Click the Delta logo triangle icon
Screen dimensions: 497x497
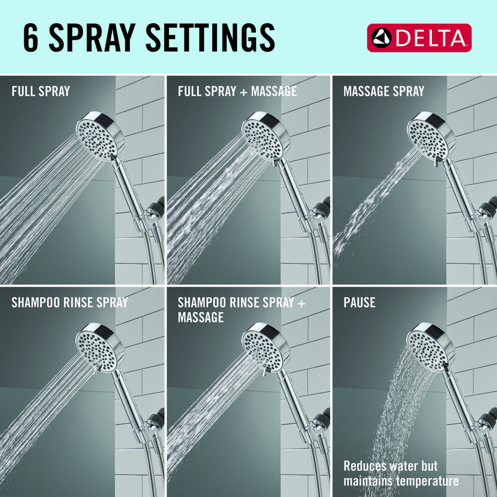(x=382, y=38)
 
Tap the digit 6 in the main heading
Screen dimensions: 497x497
(x=31, y=37)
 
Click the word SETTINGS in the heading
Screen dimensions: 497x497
(x=210, y=37)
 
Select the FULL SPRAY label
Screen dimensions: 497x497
(x=41, y=91)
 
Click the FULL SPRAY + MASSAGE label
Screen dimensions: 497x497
(x=238, y=91)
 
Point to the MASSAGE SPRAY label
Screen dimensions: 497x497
(x=384, y=91)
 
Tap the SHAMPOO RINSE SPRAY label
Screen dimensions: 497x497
(x=70, y=302)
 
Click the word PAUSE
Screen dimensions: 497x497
(x=359, y=302)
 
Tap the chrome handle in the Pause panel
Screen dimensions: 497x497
(x=459, y=401)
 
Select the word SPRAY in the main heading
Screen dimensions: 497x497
(x=92, y=37)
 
